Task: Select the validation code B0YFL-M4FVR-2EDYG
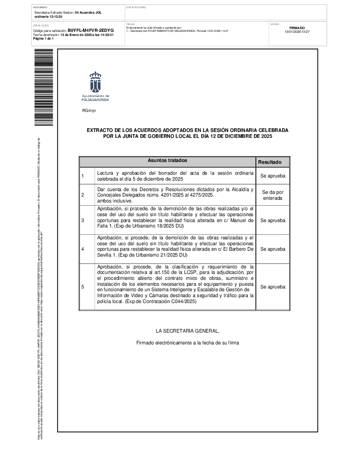(x=90, y=30)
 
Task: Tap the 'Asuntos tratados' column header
(x=167, y=161)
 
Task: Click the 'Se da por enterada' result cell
(x=273, y=195)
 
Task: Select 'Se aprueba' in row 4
(x=273, y=249)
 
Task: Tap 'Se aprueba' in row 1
(x=273, y=176)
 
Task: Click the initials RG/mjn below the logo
(x=89, y=111)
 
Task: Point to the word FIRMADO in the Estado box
(x=297, y=28)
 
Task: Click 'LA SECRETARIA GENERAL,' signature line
(x=187, y=331)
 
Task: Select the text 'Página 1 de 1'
(x=44, y=39)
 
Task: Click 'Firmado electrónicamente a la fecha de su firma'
(x=187, y=343)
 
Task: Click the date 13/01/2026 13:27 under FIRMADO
(x=297, y=32)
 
